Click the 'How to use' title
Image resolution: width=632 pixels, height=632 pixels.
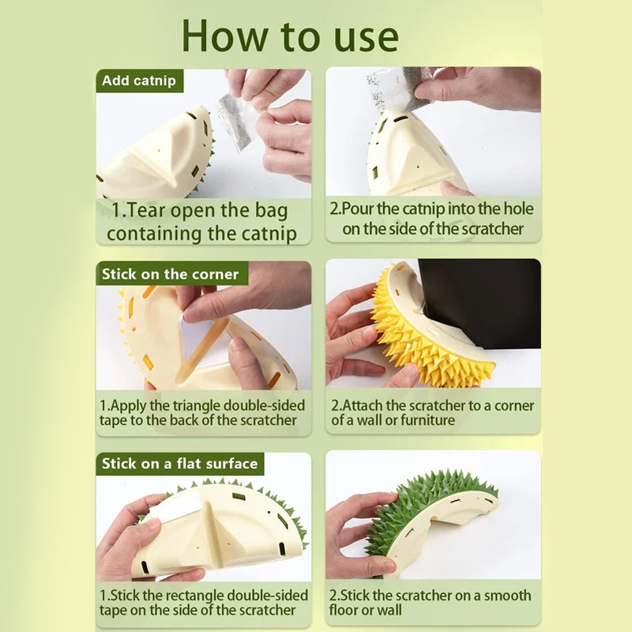[x=290, y=36]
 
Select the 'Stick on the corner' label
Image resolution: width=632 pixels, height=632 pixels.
[x=170, y=274]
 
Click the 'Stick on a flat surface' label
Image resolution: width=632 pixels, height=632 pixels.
[x=179, y=464]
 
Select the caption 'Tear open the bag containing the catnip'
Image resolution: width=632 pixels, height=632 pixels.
[x=202, y=222]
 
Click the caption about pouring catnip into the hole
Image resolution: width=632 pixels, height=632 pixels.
[x=433, y=219]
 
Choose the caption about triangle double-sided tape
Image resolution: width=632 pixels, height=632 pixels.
[x=202, y=412]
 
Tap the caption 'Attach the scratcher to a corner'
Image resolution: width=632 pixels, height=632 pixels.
[x=433, y=412]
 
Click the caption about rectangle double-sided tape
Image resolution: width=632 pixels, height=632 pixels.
[x=202, y=602]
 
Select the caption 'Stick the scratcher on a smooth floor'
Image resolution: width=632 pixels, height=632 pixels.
[x=431, y=602]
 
